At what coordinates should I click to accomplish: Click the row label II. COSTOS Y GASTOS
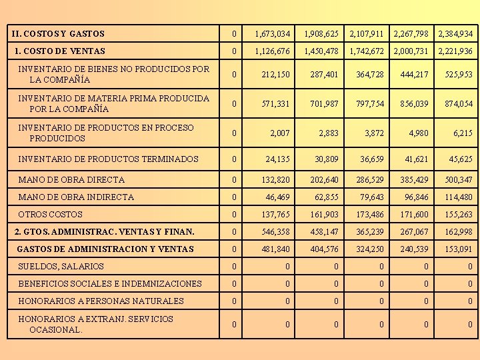coord(59,33)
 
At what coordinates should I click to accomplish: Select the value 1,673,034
coord(272,34)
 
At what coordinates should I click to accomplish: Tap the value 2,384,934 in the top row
coord(455,34)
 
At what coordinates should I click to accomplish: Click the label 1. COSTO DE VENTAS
coord(60,51)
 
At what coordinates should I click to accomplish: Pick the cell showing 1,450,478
coord(321,51)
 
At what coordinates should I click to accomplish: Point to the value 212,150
coord(276,75)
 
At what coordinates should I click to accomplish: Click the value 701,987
coord(324,104)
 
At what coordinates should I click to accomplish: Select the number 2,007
coord(280,133)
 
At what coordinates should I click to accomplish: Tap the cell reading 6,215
coord(463,133)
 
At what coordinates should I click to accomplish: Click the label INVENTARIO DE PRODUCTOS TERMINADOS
coord(108,159)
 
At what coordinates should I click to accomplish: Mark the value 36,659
coord(372,159)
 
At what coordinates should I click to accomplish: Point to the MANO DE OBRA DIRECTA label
coord(71,179)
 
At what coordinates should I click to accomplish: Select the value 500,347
coord(458,180)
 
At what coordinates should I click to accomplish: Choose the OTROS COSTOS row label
coord(51,215)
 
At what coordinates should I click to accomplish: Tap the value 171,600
coord(413,215)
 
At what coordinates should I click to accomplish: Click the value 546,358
coord(276,232)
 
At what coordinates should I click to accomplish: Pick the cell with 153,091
coord(458,249)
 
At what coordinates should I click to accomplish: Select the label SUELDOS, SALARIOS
coord(61,267)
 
